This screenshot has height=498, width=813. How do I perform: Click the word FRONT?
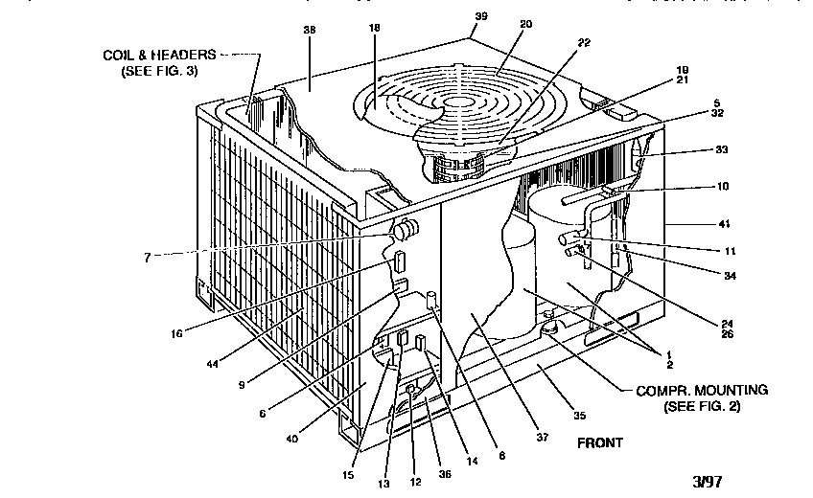599,442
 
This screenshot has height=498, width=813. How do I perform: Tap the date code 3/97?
707,479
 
